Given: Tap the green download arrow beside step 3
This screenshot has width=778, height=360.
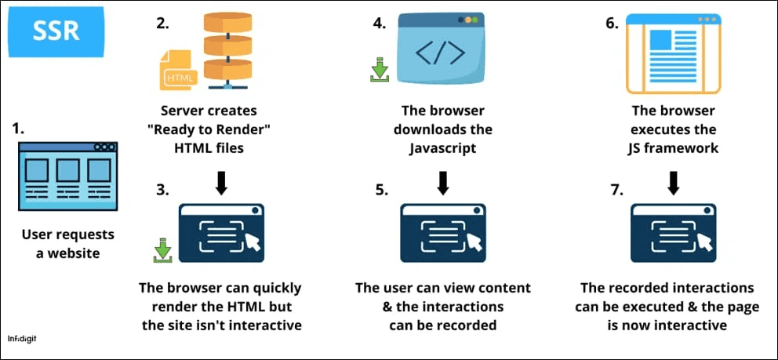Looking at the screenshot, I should [162, 251].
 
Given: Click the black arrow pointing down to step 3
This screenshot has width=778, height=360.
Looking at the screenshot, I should [221, 182].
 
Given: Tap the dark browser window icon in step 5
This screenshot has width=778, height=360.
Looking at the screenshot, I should [443, 232].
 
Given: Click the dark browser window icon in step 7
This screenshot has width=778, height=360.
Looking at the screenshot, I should [674, 232].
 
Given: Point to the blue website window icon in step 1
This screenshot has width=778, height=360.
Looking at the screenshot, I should [67, 177].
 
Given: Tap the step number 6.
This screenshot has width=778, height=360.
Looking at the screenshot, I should [613, 24].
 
